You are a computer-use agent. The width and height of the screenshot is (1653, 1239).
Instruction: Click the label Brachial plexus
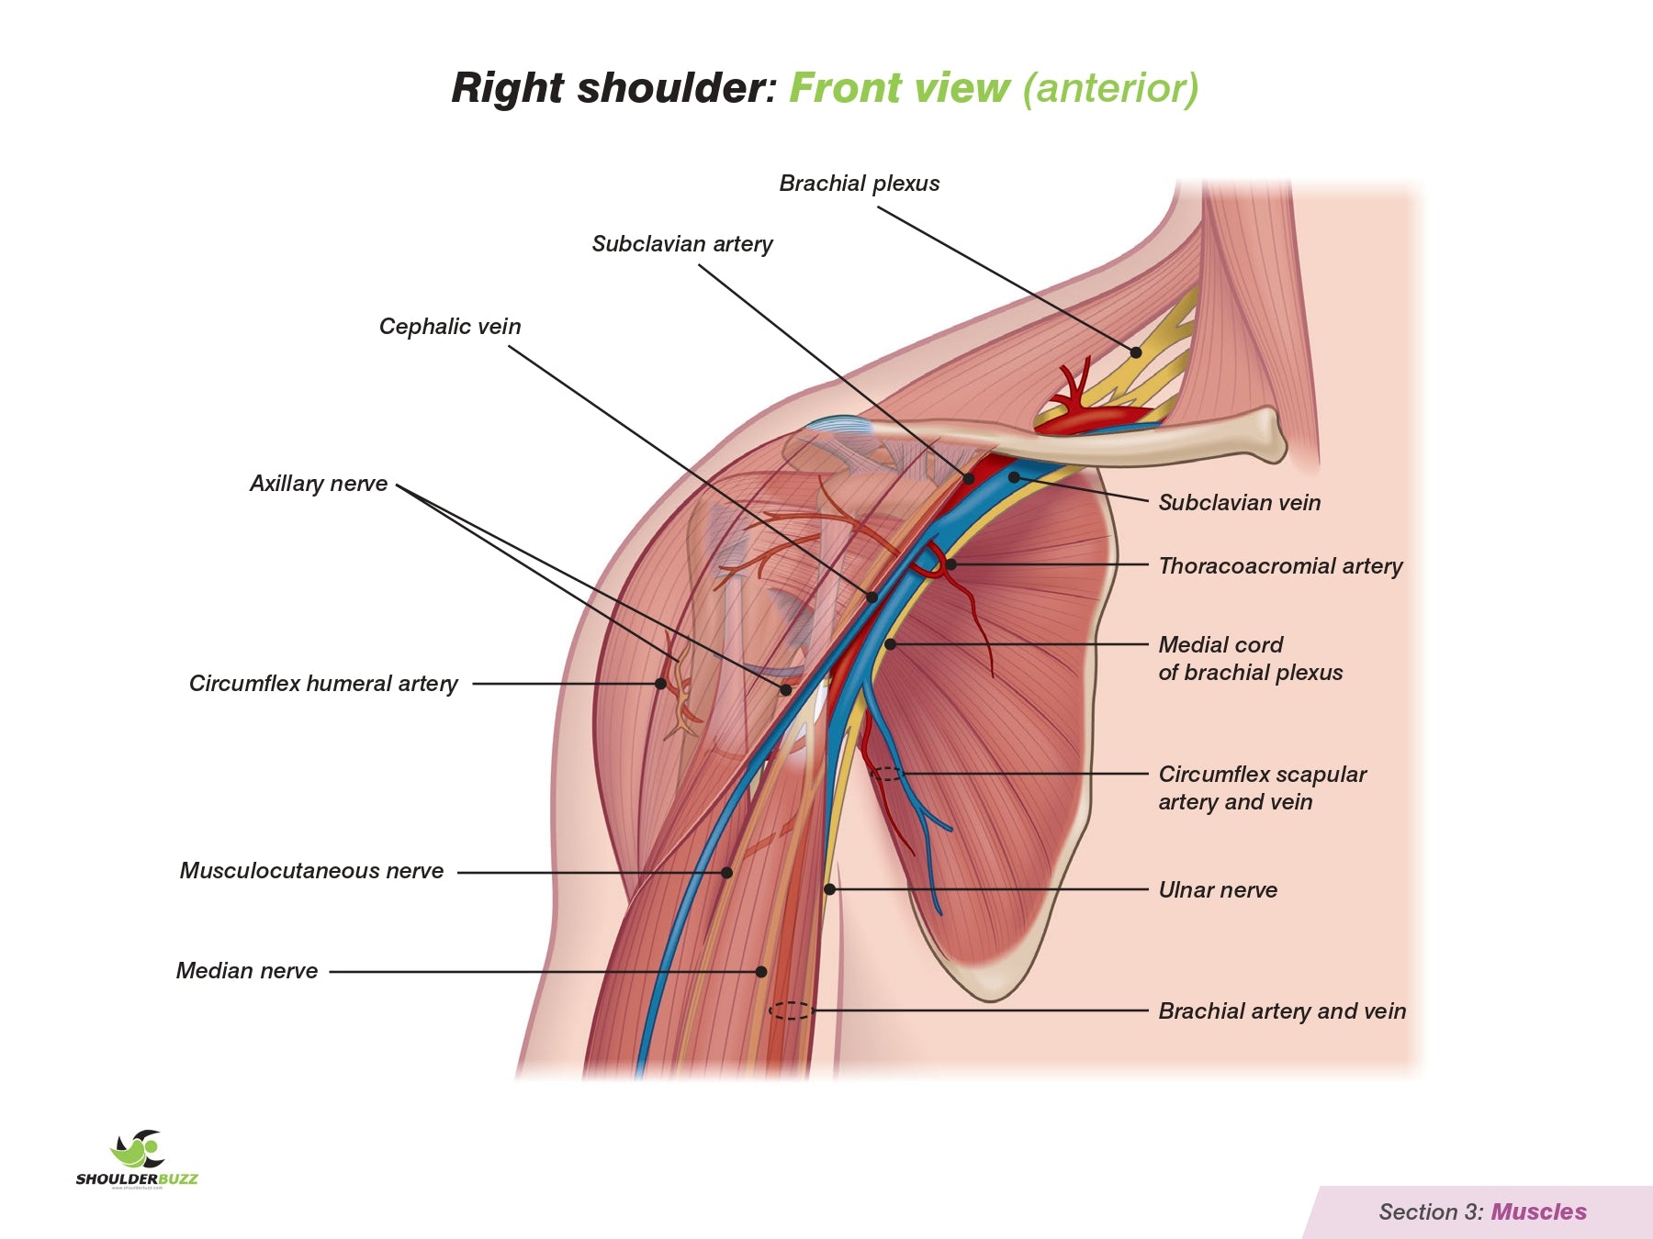pyautogui.click(x=859, y=184)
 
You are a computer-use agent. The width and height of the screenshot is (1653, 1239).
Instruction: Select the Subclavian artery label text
pyautogui.click(x=681, y=244)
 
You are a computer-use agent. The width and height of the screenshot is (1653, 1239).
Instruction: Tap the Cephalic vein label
pyautogui.click(x=450, y=327)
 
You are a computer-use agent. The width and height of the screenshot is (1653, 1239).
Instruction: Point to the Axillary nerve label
pyautogui.click(x=319, y=484)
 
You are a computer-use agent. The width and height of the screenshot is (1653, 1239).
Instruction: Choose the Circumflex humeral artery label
pyautogui.click(x=323, y=684)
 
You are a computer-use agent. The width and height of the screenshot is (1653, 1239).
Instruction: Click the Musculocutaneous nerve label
pyautogui.click(x=311, y=871)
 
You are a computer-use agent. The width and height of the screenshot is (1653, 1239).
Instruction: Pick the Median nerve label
pyautogui.click(x=247, y=971)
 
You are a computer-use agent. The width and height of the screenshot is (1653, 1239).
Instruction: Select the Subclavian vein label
pyautogui.click(x=1239, y=503)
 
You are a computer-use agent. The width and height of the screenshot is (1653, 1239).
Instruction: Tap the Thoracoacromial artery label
pyautogui.click(x=1280, y=566)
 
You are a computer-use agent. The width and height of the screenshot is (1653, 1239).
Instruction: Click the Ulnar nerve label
pyautogui.click(x=1218, y=890)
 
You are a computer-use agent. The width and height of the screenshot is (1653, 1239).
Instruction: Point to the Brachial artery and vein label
pyautogui.click(x=1282, y=1011)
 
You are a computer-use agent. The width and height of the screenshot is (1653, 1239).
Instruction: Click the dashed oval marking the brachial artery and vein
pyautogui.click(x=790, y=1010)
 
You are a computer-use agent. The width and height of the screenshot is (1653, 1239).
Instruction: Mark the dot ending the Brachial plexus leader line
pyautogui.click(x=1136, y=352)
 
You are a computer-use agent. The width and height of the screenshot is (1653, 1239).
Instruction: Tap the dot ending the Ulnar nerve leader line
pyautogui.click(x=829, y=889)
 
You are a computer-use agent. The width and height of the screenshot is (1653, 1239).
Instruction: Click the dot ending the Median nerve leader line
pyautogui.click(x=761, y=971)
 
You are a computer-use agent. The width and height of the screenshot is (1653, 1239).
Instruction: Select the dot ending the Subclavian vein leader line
pyautogui.click(x=1014, y=477)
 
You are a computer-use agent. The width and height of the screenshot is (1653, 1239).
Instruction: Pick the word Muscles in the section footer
pyautogui.click(x=1538, y=1212)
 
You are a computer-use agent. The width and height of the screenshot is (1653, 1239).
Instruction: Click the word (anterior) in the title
pyautogui.click(x=1110, y=89)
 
